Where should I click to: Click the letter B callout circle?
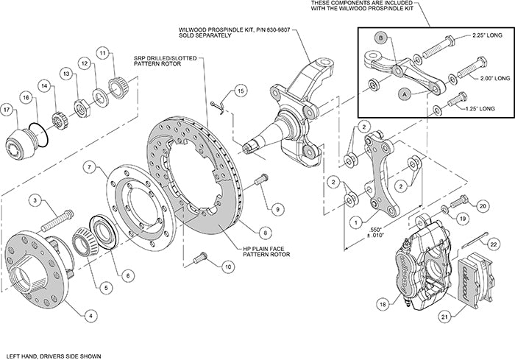380,37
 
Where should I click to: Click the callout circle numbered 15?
239,91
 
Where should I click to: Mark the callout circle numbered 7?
89,168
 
